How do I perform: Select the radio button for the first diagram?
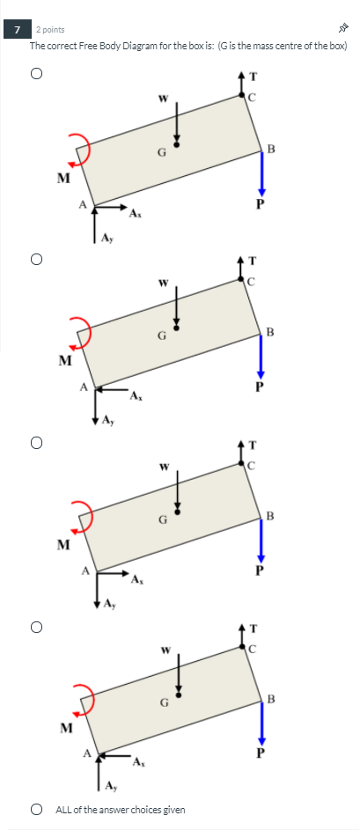[37, 75]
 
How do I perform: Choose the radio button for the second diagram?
[37, 260]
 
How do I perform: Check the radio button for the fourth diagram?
[37, 628]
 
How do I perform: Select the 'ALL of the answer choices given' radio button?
[37, 809]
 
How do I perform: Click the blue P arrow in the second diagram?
[261, 356]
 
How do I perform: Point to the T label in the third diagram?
[253, 444]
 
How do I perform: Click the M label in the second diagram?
[63, 360]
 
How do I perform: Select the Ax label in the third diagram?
[136, 579]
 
